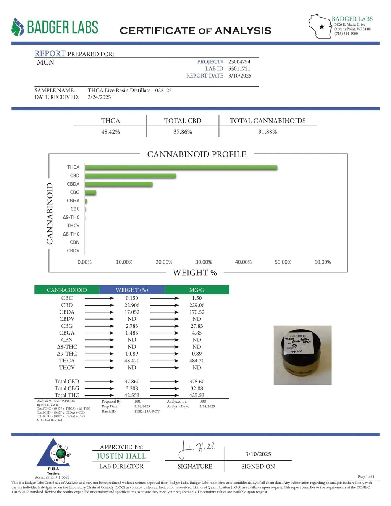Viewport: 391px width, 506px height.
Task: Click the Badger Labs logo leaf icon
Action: pos(18,27)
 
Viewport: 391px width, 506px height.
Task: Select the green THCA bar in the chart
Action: pos(181,168)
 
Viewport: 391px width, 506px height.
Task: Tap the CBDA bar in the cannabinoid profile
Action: pos(118,184)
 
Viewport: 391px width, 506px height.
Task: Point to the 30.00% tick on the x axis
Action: pos(204,262)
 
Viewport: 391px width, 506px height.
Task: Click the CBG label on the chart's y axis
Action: pos(75,192)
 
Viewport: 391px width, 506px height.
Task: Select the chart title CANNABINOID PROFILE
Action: pos(197,154)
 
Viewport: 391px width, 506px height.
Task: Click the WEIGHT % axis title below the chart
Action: pos(195,273)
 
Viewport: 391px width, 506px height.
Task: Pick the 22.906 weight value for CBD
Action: pos(132,305)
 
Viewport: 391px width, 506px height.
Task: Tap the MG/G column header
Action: pos(197,290)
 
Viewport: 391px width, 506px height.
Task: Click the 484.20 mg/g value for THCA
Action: pos(197,361)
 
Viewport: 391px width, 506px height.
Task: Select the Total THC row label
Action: pos(67,395)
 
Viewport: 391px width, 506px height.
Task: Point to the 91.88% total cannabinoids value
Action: pos(267,132)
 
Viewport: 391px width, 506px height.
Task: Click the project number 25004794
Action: pos(239,61)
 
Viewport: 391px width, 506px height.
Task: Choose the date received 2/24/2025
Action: pos(99,97)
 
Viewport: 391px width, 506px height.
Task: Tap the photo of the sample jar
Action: pos(302,355)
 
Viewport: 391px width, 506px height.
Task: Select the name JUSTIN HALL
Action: pos(121,456)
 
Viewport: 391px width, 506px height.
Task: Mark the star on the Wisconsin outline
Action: pos(322,26)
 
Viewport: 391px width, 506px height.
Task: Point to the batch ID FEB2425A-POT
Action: pos(147,411)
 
